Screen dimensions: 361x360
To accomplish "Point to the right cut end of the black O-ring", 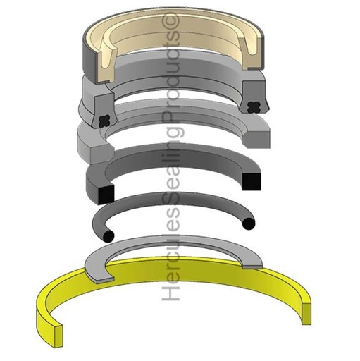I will (x=247, y=224).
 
